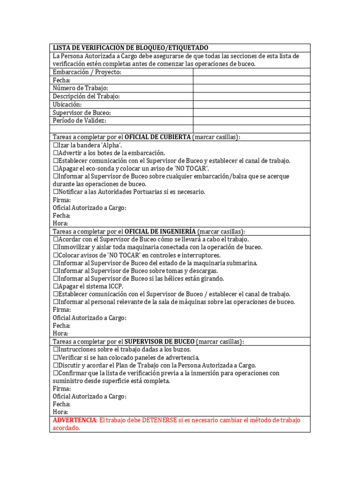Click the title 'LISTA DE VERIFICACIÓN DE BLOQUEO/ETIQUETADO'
click(x=130, y=48)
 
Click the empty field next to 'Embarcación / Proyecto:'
click(x=251, y=72)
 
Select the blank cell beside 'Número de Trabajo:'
click(x=251, y=88)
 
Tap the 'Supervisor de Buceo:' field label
click(x=82, y=112)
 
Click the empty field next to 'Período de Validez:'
click(x=251, y=120)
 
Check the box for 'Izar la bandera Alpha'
click(x=56, y=145)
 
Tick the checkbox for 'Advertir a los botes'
click(x=56, y=153)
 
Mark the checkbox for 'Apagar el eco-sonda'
click(x=56, y=168)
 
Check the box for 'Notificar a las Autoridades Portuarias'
click(x=56, y=192)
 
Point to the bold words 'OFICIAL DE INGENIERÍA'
click(x=161, y=232)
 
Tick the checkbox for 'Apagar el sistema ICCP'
click(x=56, y=286)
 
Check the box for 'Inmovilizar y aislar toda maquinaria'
click(x=56, y=247)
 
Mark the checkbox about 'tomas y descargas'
click(x=56, y=270)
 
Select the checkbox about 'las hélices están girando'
click(x=56, y=278)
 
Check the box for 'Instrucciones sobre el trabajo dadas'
click(x=56, y=350)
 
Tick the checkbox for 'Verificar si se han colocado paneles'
click(x=56, y=358)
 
